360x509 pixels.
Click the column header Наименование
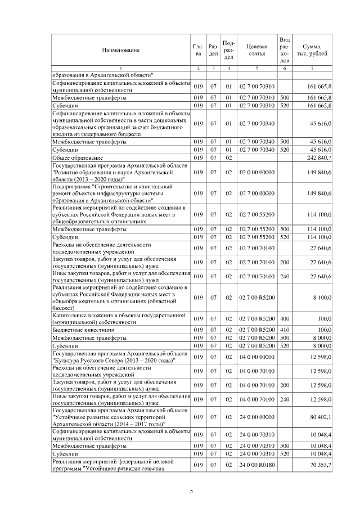point(120,51)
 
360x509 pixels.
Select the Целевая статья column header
point(256,50)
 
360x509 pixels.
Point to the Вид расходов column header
point(285,49)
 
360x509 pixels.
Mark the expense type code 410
point(285,329)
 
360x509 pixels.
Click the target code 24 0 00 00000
point(256,417)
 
